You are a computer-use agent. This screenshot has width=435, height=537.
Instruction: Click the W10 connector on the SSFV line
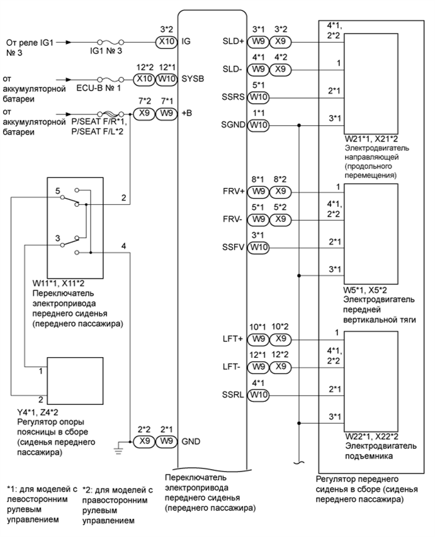point(258,248)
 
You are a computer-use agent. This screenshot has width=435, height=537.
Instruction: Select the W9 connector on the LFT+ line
point(258,340)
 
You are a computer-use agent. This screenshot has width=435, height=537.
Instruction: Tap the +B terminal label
point(188,116)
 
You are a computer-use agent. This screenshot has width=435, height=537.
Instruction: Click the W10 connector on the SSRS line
point(258,97)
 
